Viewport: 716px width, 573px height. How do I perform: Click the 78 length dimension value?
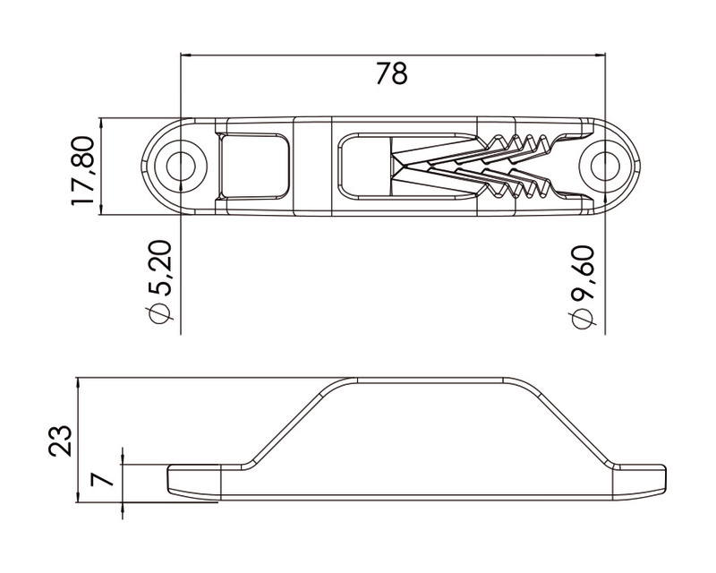tap(391, 73)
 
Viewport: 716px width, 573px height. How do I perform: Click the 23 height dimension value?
tap(60, 440)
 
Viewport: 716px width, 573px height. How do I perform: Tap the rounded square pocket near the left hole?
tap(254, 167)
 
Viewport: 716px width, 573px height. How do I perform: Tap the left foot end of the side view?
tap(192, 480)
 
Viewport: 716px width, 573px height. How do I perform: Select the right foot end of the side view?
tap(640, 480)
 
